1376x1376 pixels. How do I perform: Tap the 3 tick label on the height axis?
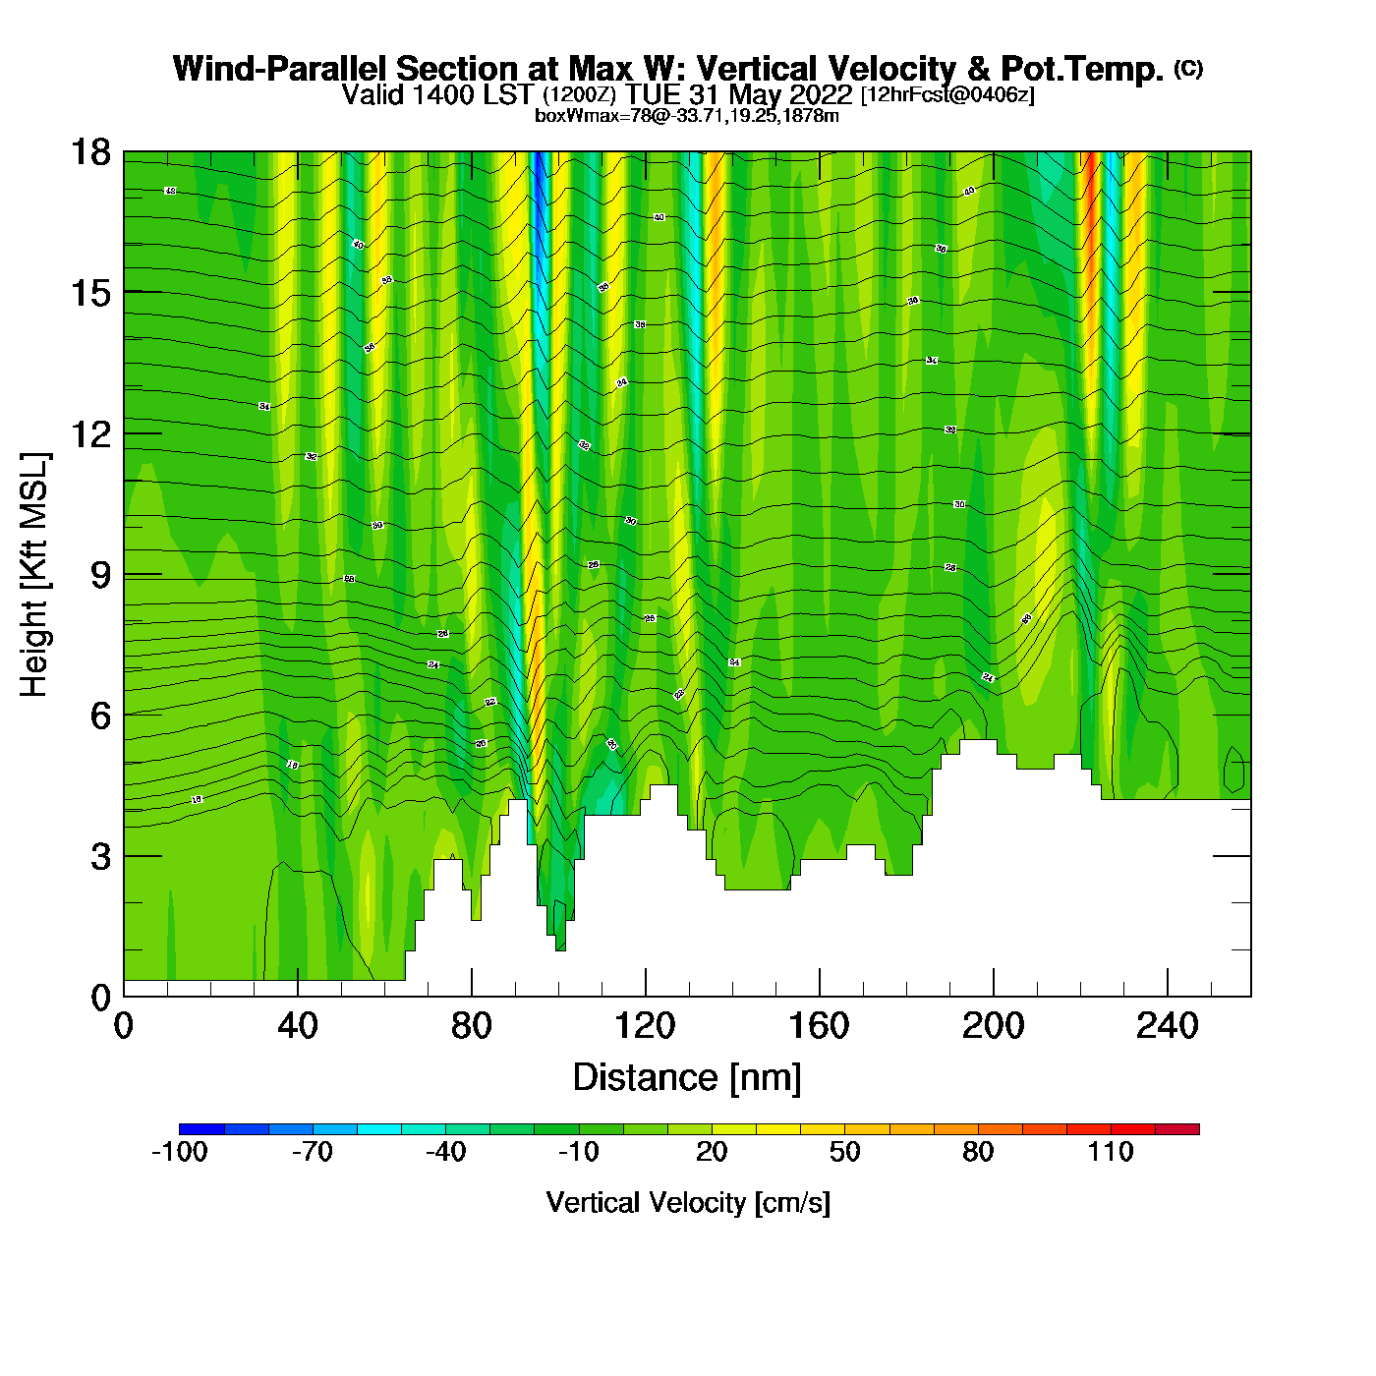tap(101, 856)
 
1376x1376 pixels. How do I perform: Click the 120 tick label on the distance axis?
tap(645, 1026)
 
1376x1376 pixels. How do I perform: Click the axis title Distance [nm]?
tap(687, 1078)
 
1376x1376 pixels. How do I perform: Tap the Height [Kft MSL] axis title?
tap(34, 575)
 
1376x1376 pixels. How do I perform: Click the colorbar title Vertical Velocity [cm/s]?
tap(688, 1203)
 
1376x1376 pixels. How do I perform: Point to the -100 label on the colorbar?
tap(180, 1152)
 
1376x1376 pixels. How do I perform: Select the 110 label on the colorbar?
tap(1111, 1152)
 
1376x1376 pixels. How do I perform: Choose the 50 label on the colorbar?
tap(844, 1152)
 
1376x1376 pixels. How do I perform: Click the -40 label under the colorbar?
tap(445, 1152)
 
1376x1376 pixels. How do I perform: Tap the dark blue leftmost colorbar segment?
tap(201, 1129)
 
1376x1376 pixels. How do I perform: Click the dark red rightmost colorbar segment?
tap(1177, 1129)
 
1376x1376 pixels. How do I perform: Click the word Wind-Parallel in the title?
tap(281, 69)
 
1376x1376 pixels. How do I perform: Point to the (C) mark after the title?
tap(1188, 68)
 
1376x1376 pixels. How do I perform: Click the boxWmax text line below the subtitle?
tap(687, 116)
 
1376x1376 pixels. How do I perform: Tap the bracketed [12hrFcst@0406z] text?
tap(947, 94)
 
